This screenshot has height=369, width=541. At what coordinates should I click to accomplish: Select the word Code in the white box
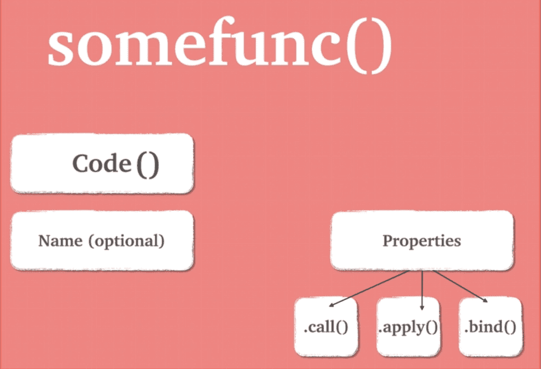101,163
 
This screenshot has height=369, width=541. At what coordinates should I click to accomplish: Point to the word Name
60,241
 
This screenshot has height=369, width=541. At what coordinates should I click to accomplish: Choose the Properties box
422,240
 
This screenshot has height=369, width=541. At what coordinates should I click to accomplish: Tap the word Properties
422,241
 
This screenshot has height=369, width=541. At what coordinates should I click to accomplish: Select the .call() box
326,326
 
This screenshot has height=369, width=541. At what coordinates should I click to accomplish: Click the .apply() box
408,326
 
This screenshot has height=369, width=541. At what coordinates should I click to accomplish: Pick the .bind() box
490,326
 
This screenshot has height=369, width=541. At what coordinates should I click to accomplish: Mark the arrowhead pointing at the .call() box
332,305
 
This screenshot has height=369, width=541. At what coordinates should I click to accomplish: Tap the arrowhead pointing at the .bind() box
485,300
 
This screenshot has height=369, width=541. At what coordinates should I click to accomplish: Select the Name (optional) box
102,241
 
